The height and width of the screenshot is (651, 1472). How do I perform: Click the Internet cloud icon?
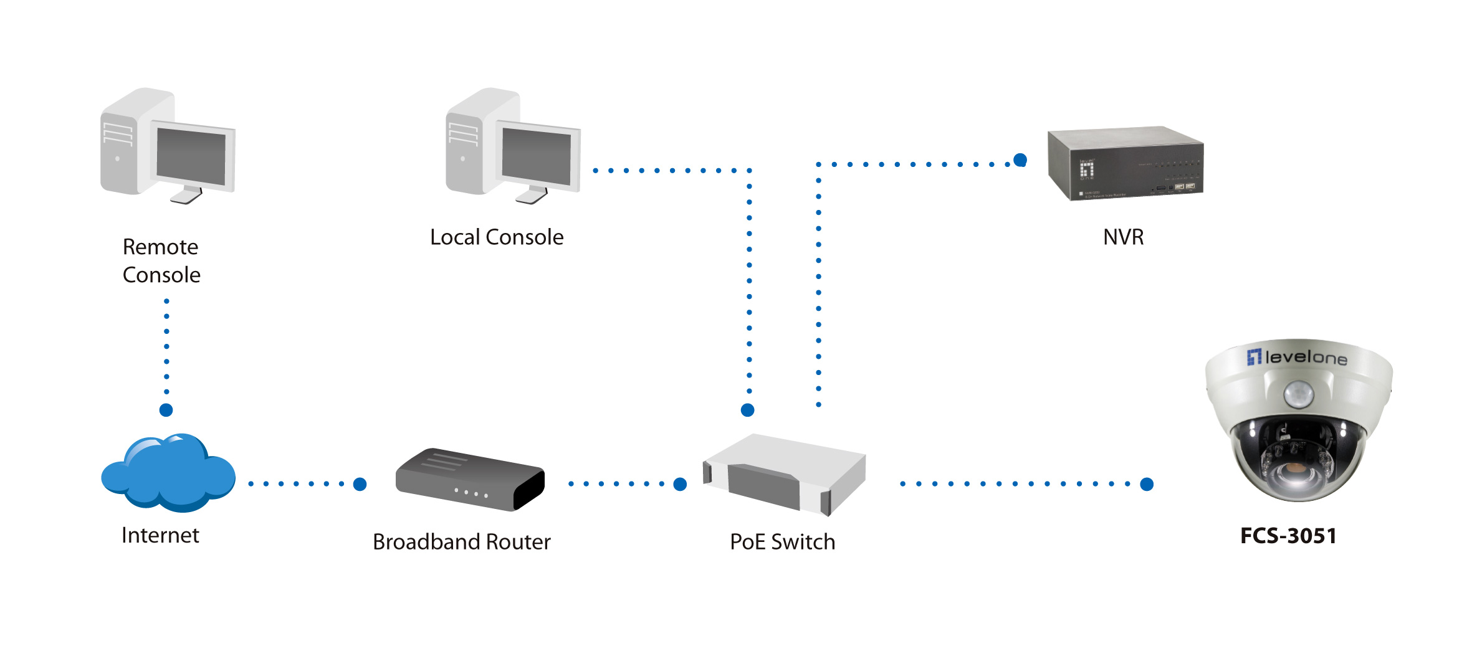tap(168, 473)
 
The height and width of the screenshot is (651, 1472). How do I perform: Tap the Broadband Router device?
tap(470, 480)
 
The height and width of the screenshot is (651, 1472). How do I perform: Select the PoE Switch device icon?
tap(784, 475)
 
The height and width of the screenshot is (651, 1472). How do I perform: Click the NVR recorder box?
tap(1126, 163)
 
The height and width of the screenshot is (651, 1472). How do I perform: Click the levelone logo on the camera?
tap(1298, 357)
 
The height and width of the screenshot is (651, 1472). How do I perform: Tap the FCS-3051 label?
tap(1288, 536)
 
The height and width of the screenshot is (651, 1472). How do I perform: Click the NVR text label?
tap(1123, 237)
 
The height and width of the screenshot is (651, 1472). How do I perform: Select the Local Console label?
tap(497, 237)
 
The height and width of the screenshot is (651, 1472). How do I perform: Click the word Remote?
tap(160, 247)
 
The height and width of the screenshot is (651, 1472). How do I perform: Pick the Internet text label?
tap(160, 535)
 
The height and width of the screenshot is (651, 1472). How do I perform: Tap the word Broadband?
tap(426, 542)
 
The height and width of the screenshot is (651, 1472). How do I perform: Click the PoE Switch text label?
tap(782, 542)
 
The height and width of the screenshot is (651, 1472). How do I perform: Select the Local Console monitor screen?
tap(536, 156)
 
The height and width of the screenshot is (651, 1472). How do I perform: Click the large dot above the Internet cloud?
tap(166, 410)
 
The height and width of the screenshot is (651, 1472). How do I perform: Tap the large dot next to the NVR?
tap(1020, 160)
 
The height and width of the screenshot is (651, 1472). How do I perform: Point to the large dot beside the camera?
tap(1147, 484)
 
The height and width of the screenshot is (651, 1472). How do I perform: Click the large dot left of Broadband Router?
tap(360, 484)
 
